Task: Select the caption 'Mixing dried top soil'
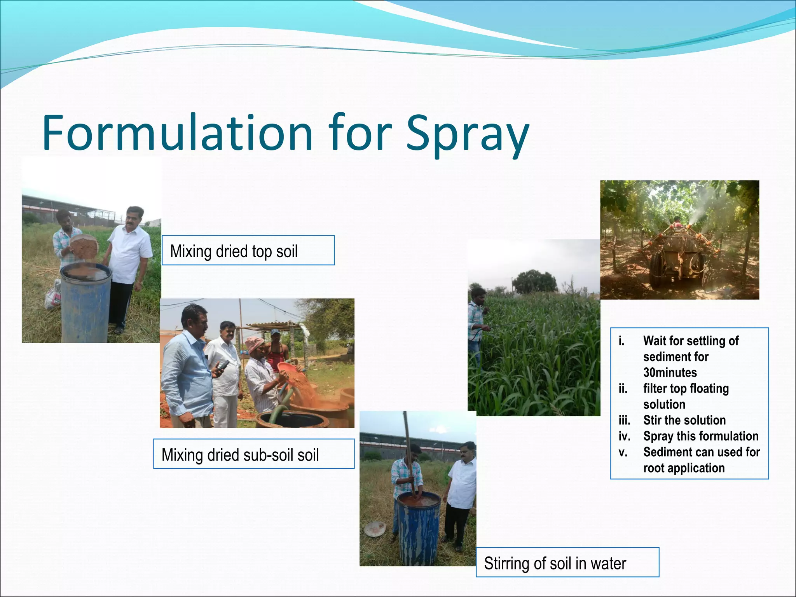234,251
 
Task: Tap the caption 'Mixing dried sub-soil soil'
240,454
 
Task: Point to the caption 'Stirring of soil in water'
555,563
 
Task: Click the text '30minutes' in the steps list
670,372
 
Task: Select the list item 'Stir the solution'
684,420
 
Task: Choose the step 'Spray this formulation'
700,436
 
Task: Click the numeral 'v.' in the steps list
623,452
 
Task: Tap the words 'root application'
684,468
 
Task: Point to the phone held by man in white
222,365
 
